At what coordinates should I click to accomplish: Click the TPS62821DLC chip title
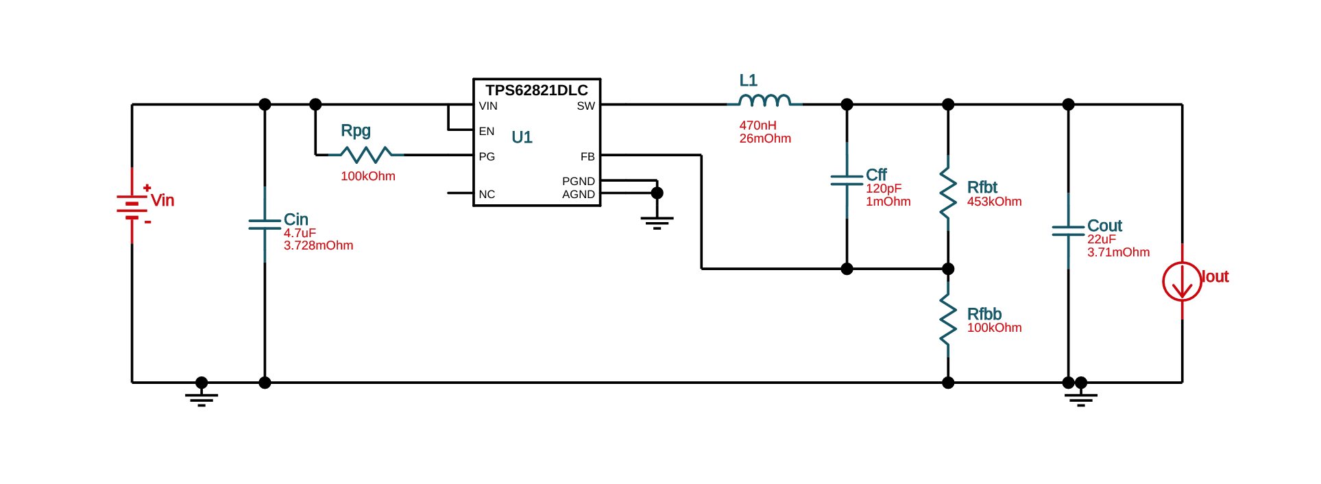(537, 90)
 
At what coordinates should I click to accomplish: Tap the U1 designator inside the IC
(522, 137)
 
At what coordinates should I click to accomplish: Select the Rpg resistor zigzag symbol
(367, 154)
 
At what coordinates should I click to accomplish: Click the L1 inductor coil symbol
(764, 101)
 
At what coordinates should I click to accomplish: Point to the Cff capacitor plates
(847, 180)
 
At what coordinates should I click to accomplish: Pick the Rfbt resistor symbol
(948, 193)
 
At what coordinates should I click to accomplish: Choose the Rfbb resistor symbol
(948, 319)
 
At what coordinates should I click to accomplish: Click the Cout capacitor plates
(1068, 230)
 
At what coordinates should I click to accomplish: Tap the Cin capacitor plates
(265, 224)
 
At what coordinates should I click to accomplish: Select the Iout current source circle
(1182, 281)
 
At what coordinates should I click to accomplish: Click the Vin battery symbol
(132, 206)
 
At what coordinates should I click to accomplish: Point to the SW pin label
(585, 106)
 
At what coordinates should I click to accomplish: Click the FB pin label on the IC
(587, 157)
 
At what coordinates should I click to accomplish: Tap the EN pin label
(487, 132)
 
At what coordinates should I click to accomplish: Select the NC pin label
(487, 195)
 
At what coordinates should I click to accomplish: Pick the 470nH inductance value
(758, 125)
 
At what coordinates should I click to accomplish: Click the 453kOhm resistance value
(994, 202)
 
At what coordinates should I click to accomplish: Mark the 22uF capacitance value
(1101, 239)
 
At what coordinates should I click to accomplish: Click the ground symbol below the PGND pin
(657, 221)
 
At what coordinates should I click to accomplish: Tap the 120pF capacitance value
(884, 189)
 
